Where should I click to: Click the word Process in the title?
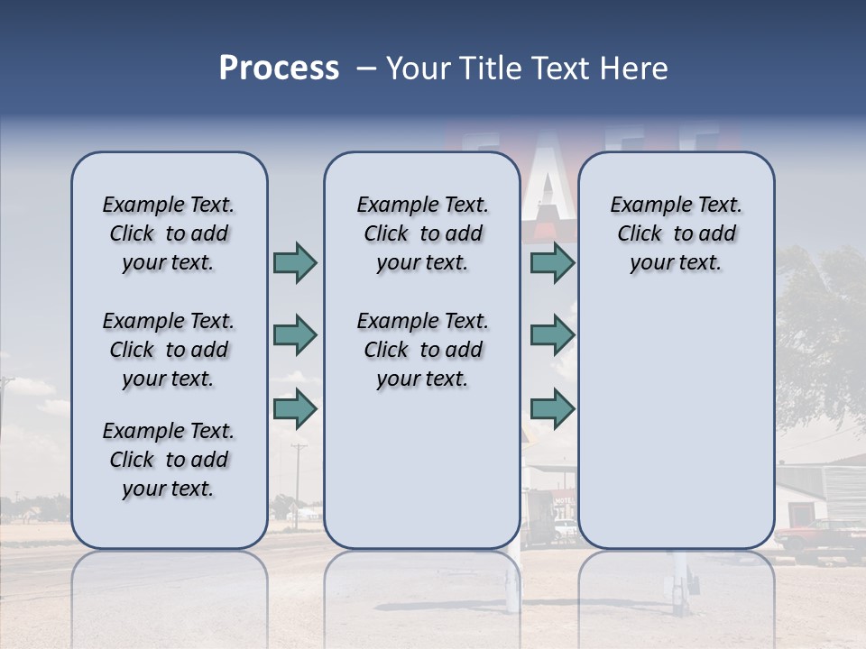[x=279, y=69]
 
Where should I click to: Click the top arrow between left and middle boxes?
[x=295, y=262]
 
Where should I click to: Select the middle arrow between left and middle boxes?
[x=295, y=335]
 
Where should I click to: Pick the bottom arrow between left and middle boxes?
[x=295, y=409]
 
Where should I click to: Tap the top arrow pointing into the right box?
[x=552, y=262]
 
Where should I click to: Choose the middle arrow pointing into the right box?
[x=552, y=335]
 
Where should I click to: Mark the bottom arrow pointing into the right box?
[x=552, y=409]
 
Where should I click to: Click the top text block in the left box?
[x=169, y=233]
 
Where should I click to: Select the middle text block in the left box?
[x=169, y=350]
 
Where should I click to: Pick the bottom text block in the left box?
[x=169, y=460]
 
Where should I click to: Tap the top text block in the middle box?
[x=422, y=233]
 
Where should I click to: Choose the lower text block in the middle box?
[x=422, y=350]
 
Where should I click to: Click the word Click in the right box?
[x=640, y=233]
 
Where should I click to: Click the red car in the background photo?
[x=816, y=539]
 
